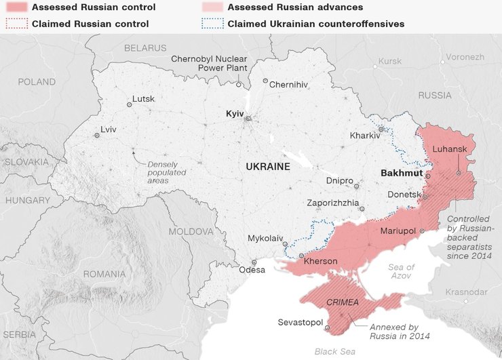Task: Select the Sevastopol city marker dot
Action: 327,328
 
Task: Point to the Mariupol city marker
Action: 422,231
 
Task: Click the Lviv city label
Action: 108,129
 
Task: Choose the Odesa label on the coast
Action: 252,270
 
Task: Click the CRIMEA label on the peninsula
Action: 343,302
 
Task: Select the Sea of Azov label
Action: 401,272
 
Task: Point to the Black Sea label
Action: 334,351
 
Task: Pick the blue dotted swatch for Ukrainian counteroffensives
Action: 212,23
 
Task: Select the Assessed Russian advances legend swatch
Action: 212,7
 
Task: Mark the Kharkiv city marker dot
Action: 381,128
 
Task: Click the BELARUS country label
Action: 145,48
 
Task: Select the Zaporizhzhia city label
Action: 333,203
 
